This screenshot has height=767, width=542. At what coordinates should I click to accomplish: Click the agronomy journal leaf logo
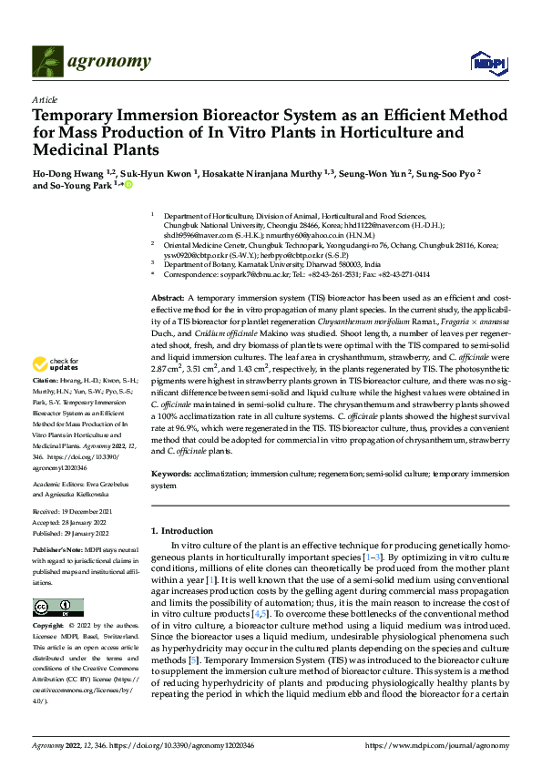47,61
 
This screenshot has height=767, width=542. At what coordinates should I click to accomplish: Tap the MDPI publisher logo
486,62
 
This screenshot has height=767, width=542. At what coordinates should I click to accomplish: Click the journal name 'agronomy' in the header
109,61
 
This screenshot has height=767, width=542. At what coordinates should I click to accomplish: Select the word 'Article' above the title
45,99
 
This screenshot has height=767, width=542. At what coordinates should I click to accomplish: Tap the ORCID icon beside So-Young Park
128,186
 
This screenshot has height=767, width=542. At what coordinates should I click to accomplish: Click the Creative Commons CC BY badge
57,608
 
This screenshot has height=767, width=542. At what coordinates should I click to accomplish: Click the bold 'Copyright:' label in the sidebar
49,627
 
